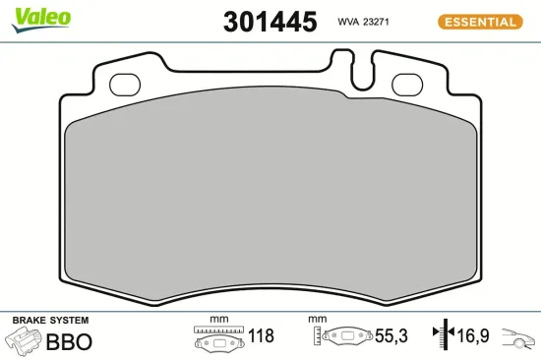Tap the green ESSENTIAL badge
[478, 21]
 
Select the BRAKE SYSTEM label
[50, 321]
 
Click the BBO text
[70, 342]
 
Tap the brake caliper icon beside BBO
[24, 341]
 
